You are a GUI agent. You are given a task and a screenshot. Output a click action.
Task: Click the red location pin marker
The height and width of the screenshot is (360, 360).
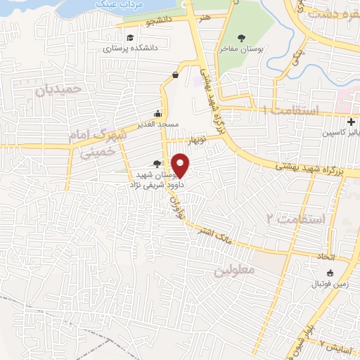[181, 166]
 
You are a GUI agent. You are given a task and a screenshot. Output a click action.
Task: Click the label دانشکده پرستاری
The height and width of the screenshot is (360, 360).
[128, 49]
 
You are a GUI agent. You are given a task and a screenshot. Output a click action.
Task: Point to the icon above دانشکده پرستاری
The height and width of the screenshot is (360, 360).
[129, 38]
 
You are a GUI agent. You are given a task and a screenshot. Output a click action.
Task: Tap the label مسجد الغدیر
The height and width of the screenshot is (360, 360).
[158, 124]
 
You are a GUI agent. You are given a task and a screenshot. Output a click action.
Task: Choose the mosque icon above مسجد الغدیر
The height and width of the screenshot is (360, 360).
[158, 113]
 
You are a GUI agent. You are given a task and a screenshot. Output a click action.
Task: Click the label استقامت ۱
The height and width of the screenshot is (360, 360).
[290, 110]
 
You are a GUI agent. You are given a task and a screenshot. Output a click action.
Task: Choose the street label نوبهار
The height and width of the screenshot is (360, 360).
[193, 139]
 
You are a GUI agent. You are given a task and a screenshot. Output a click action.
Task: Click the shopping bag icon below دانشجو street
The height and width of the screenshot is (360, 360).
[174, 75]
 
